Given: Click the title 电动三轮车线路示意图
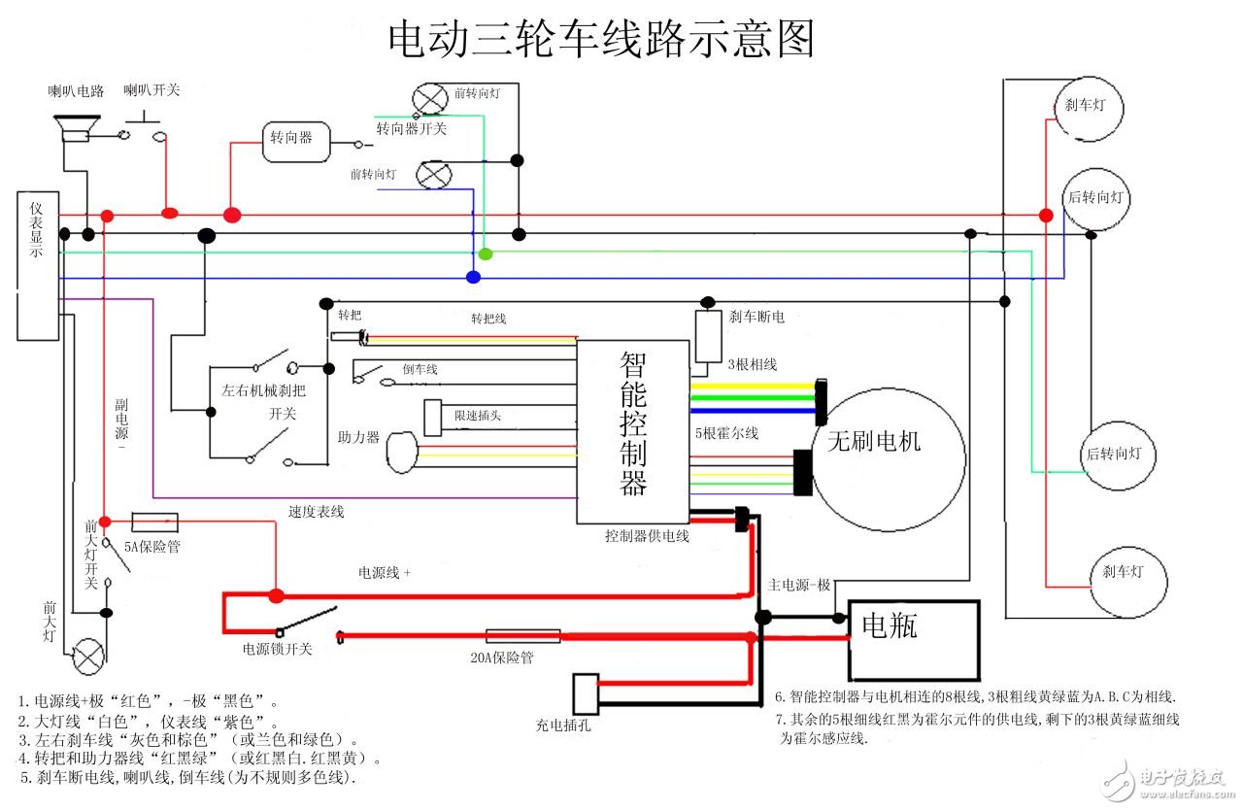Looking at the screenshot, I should click(x=600, y=41).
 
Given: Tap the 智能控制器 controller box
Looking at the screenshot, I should click(x=632, y=431).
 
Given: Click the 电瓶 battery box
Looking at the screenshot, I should click(x=913, y=640).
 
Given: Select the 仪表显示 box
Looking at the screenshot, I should click(x=38, y=265).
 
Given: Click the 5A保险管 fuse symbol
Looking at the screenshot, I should click(x=154, y=522).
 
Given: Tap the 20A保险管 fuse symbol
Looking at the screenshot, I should click(x=522, y=636).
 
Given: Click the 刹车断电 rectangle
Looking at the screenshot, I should click(x=708, y=337).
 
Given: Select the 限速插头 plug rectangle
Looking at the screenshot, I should click(x=433, y=418).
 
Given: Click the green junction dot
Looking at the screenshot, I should click(x=486, y=254).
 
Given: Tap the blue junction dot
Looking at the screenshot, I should click(x=473, y=278).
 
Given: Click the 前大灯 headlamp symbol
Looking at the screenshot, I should click(x=89, y=656).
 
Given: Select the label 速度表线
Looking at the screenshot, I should click(x=316, y=511).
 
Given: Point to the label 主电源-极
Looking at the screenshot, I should click(x=799, y=585).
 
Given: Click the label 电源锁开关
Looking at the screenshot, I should click(x=278, y=649).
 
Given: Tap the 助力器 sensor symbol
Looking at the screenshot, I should click(x=401, y=454).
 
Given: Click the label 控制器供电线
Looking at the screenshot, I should click(x=647, y=535).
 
